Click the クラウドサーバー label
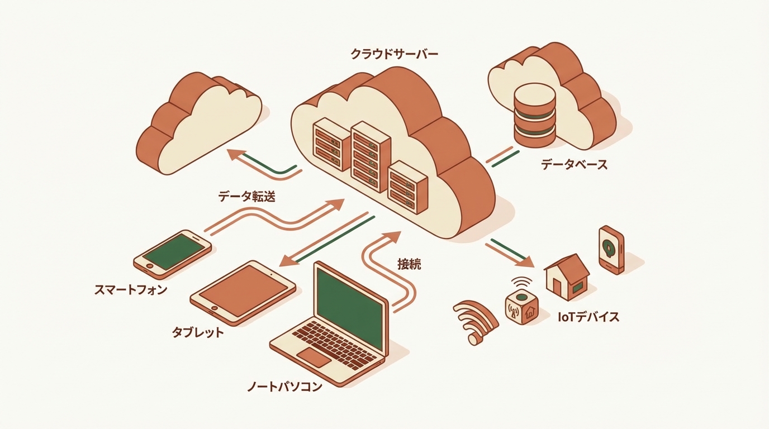[x=394, y=54]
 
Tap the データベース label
[x=574, y=165]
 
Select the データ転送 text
[x=246, y=196]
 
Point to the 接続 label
[x=409, y=264]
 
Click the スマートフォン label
[x=131, y=290]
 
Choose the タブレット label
[x=197, y=333]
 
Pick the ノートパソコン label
[x=284, y=387]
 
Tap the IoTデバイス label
[x=588, y=317]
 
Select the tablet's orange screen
[x=243, y=291]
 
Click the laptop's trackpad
[x=314, y=357]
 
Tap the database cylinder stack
[x=534, y=114]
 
